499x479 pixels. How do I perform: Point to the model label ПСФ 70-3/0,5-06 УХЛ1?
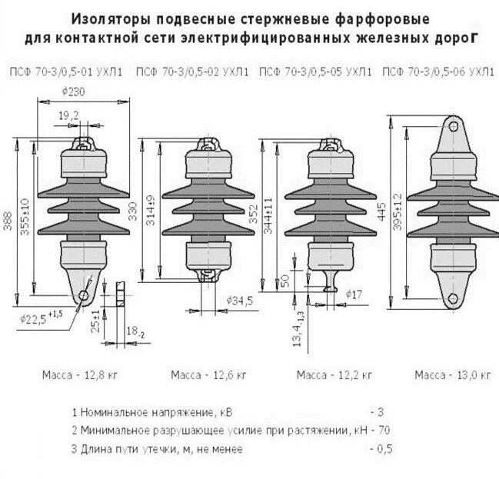point(438,73)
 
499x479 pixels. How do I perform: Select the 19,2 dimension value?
point(68,115)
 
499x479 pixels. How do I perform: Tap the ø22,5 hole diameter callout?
point(35,315)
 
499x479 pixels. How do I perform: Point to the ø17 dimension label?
point(354,294)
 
